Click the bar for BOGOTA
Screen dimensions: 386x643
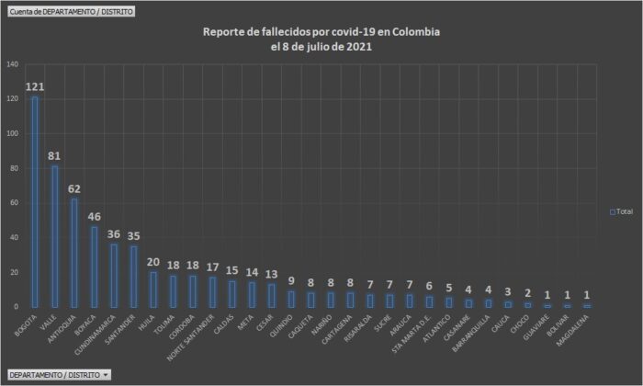click(x=35, y=202)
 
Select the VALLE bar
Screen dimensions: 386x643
click(x=54, y=236)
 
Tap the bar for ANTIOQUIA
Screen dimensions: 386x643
click(x=74, y=253)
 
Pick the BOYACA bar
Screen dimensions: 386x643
click(x=94, y=267)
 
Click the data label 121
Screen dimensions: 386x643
click(x=35, y=87)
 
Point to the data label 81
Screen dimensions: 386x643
click(x=54, y=156)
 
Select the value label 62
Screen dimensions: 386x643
click(x=74, y=189)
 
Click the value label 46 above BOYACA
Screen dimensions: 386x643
click(x=94, y=217)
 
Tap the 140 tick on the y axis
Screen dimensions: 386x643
click(x=12, y=64)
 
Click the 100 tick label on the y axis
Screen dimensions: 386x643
click(x=12, y=134)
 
